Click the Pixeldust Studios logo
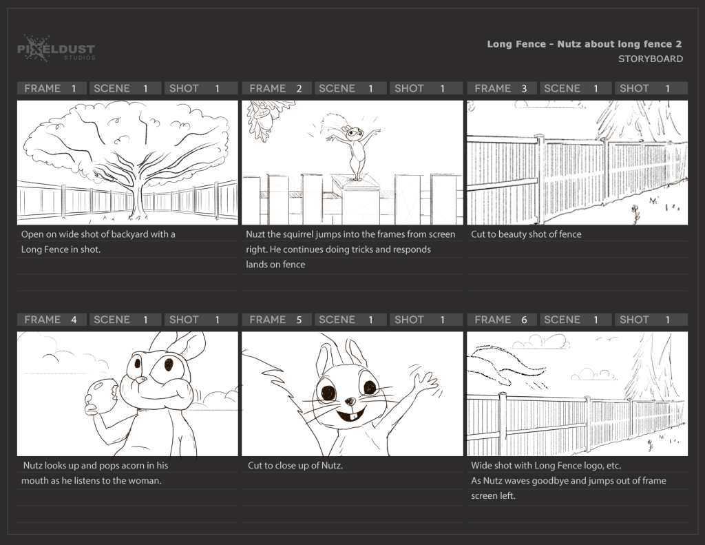pyautogui.click(x=56, y=49)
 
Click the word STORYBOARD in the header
pyautogui.click(x=650, y=59)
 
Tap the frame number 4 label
pyautogui.click(x=74, y=320)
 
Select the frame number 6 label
pyautogui.click(x=524, y=320)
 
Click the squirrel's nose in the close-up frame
pyautogui.click(x=350, y=400)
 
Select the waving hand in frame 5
pyautogui.click(x=424, y=380)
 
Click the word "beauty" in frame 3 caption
pyautogui.click(x=512, y=234)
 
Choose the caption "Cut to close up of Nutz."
pyautogui.click(x=295, y=466)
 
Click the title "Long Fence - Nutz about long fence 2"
pyautogui.click(x=585, y=44)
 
